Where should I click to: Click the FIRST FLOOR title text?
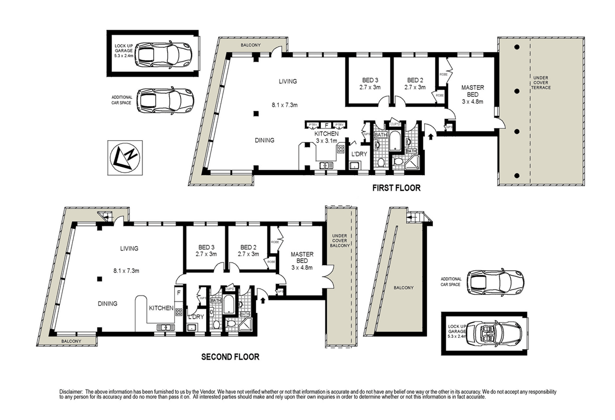click(x=396, y=188)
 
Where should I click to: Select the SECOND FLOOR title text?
click(x=230, y=357)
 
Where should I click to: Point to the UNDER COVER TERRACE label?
click(x=542, y=83)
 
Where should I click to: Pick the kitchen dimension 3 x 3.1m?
click(x=327, y=140)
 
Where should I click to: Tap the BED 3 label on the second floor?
click(x=206, y=251)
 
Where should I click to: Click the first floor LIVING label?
click(x=287, y=81)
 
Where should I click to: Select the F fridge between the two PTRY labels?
click(x=326, y=125)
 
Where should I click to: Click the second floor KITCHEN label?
click(x=161, y=308)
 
